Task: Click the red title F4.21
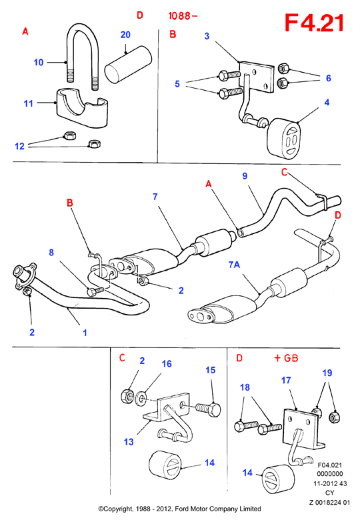coord(314,23)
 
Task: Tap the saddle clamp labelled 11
coord(82,107)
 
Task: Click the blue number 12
coord(19,146)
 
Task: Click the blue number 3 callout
coord(207,36)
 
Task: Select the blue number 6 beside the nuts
coord(329,78)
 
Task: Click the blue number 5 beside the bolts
coord(177,84)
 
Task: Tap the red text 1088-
coord(183,15)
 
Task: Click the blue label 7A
coord(234,265)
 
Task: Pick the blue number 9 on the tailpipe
coord(245,176)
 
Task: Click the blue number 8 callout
coord(51,253)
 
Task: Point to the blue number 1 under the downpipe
coord(85,333)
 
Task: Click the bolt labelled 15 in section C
coord(207,409)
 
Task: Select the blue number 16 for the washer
coord(167,364)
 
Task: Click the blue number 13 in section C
coord(129,442)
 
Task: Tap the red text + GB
coord(286,358)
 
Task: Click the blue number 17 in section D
coord(286,380)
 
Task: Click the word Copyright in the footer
coord(117,509)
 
